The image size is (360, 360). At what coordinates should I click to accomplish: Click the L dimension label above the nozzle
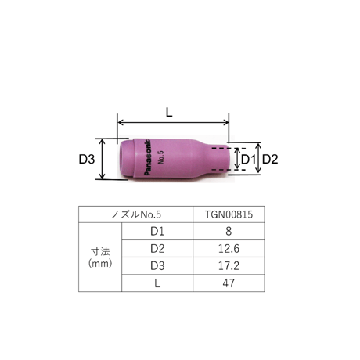tap(169, 113)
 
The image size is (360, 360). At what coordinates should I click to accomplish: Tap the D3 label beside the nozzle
tap(87, 159)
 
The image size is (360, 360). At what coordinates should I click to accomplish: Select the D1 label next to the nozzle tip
tap(248, 159)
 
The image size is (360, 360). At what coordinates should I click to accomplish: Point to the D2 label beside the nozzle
tap(270, 159)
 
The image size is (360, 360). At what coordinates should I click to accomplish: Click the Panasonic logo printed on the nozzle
tap(147, 157)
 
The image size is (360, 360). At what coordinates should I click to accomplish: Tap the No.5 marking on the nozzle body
tap(160, 157)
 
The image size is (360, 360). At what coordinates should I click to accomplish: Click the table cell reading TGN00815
tap(229, 214)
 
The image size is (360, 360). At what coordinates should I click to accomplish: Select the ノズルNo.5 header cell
tap(136, 214)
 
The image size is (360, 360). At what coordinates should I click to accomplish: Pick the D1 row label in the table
tap(157, 232)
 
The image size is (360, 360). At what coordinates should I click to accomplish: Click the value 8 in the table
tap(229, 232)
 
